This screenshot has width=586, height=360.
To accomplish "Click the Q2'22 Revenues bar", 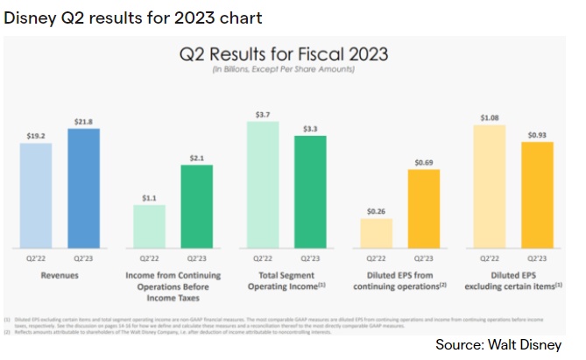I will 36,194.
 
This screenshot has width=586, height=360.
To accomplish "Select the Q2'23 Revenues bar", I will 83,187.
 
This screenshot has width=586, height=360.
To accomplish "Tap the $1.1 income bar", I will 149,225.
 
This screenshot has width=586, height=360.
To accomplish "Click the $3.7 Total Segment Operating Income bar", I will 263,184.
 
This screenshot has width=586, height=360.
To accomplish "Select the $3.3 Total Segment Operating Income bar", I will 310,191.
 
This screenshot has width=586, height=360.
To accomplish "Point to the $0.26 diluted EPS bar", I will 376,232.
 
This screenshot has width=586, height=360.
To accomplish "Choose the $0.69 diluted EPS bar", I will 423,208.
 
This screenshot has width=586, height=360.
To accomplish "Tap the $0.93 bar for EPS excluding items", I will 536,194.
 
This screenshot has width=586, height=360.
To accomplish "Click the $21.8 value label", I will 83,121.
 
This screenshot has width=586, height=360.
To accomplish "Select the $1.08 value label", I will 489,116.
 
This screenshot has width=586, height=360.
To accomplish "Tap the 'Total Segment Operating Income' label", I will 286,279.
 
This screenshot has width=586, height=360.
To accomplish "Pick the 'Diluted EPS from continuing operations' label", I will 399,279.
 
